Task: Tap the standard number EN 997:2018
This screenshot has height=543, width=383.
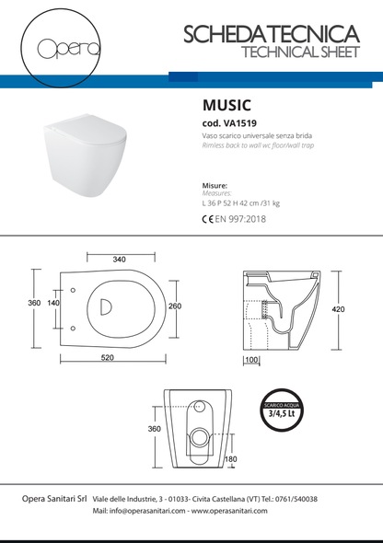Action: click(x=241, y=220)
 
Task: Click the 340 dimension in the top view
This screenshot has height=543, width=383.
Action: click(x=120, y=260)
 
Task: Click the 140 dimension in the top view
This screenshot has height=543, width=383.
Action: click(x=53, y=303)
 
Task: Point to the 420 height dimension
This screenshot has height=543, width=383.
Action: click(x=338, y=309)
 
